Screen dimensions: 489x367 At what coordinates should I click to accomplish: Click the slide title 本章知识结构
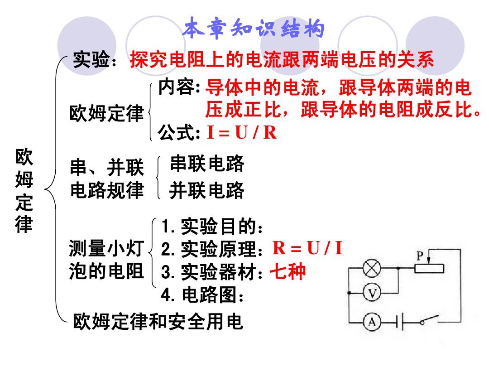tap(253, 28)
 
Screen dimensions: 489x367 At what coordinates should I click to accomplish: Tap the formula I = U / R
tap(242, 132)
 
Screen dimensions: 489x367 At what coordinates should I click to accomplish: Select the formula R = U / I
tap(307, 248)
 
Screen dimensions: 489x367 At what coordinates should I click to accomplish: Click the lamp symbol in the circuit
tap(372, 268)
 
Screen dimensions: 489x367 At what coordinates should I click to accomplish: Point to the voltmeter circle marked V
tap(372, 293)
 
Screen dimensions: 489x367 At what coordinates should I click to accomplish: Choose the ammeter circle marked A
tap(372, 321)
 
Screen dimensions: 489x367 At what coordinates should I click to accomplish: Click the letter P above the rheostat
tap(420, 256)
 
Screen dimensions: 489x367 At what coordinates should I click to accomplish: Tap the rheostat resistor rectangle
tap(429, 268)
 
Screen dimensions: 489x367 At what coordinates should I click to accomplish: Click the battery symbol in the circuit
tap(400, 321)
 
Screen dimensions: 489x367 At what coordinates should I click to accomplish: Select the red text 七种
tap(287, 271)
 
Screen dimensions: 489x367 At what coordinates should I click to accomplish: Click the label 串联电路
tap(207, 163)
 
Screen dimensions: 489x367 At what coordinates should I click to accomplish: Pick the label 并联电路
tap(207, 190)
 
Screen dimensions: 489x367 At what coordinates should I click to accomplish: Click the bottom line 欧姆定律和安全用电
tap(158, 321)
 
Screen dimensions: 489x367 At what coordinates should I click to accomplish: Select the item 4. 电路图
tap(202, 295)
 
